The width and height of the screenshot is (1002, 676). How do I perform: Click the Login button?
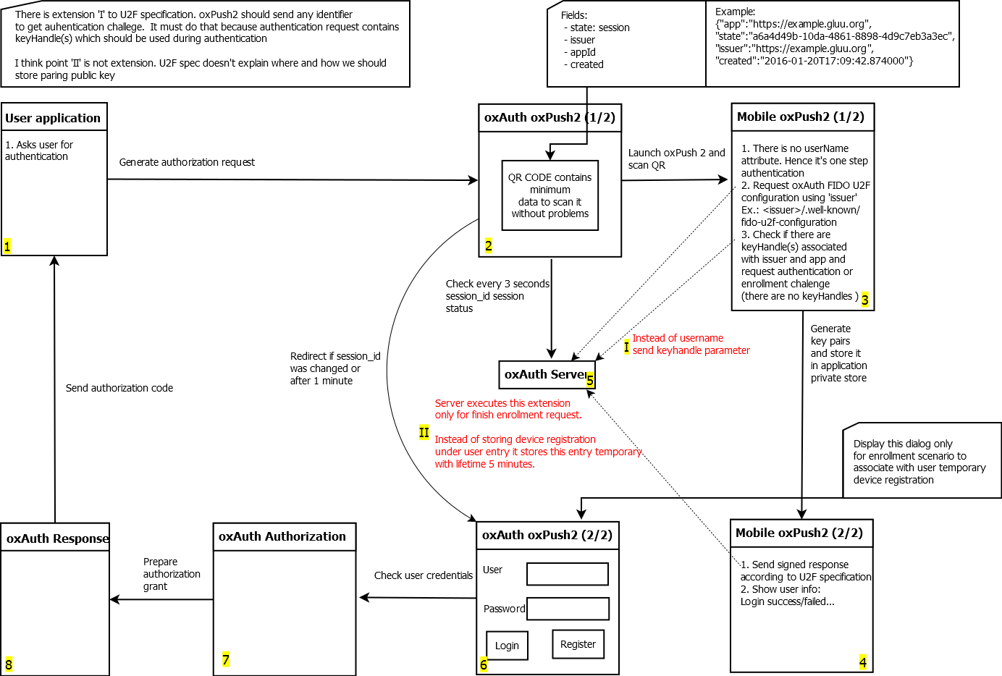[x=507, y=646]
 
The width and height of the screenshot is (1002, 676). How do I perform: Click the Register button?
[x=578, y=644]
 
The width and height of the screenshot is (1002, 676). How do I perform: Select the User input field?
[x=568, y=574]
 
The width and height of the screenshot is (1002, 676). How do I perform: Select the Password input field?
[x=568, y=609]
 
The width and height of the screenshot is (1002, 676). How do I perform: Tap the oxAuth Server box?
[x=547, y=375]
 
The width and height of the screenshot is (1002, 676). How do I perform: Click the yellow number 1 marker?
[x=7, y=247]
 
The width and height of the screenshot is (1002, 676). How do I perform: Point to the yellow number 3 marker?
[x=864, y=300]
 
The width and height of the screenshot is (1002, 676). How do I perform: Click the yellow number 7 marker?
[x=226, y=659]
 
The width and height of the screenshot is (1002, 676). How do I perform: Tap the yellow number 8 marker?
[x=9, y=664]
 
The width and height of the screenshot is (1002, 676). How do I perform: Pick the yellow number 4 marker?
[x=862, y=662]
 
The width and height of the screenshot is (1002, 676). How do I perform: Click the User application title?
[x=53, y=118]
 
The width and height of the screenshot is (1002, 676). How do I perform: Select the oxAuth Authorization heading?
[x=282, y=537]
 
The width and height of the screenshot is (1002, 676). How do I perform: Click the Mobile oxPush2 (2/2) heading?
[x=799, y=533]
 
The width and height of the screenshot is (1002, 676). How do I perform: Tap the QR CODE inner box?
[x=550, y=195]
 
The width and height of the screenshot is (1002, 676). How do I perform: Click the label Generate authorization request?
[x=187, y=163]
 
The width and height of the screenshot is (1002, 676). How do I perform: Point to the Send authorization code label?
[x=119, y=389]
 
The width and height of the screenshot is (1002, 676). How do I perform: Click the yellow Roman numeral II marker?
[x=424, y=433]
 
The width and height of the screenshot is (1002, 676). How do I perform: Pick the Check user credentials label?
[x=424, y=576]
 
